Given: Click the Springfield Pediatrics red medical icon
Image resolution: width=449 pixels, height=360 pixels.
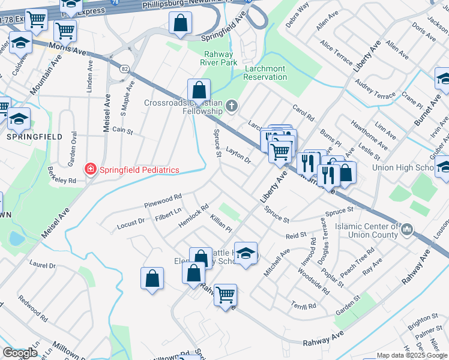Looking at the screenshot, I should tap(91, 170).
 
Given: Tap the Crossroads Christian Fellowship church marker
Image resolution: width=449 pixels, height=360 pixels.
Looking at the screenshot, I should tap(232, 107).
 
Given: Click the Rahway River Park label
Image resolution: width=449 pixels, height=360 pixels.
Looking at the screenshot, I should tap(218, 58).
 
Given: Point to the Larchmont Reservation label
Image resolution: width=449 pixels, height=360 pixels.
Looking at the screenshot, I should tap(265, 73).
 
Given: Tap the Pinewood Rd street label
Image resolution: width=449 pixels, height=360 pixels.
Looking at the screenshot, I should tap(163, 201).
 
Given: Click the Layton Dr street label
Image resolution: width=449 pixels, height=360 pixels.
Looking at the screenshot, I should tap(238, 154).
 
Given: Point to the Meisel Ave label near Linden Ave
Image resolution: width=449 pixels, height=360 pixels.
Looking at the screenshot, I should tap(106, 114).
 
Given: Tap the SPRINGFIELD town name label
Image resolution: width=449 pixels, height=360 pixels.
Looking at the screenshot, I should tap(34, 137).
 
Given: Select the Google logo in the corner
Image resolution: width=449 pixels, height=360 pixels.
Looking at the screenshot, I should tap(20, 353).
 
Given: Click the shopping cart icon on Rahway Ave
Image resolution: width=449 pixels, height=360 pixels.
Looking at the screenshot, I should tap(225, 294).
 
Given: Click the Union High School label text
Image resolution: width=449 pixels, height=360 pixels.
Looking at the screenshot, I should tap(402, 167).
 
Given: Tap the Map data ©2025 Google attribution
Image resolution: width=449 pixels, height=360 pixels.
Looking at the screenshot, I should tap(411, 355).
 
